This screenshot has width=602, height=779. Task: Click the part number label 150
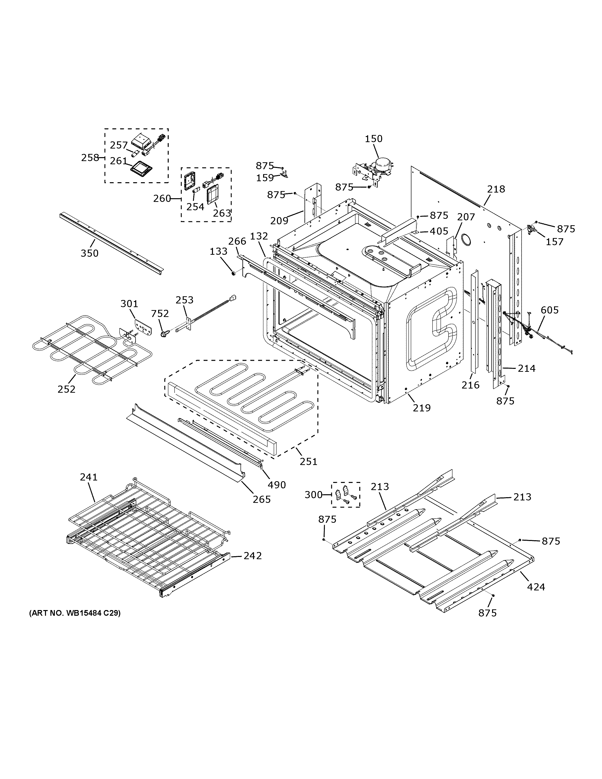point(373,139)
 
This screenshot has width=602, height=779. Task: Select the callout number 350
point(89,253)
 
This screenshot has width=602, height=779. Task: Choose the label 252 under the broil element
point(66,389)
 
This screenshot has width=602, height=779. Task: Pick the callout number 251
point(308,461)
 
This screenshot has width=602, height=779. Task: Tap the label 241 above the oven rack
point(89,477)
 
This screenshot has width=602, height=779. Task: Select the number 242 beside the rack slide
point(253,556)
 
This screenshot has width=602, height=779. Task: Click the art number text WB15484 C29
point(75,613)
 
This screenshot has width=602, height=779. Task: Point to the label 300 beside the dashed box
point(314,495)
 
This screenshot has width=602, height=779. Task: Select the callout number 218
point(496,189)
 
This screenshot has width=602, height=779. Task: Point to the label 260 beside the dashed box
point(162,198)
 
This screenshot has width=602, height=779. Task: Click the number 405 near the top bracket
point(439,231)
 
